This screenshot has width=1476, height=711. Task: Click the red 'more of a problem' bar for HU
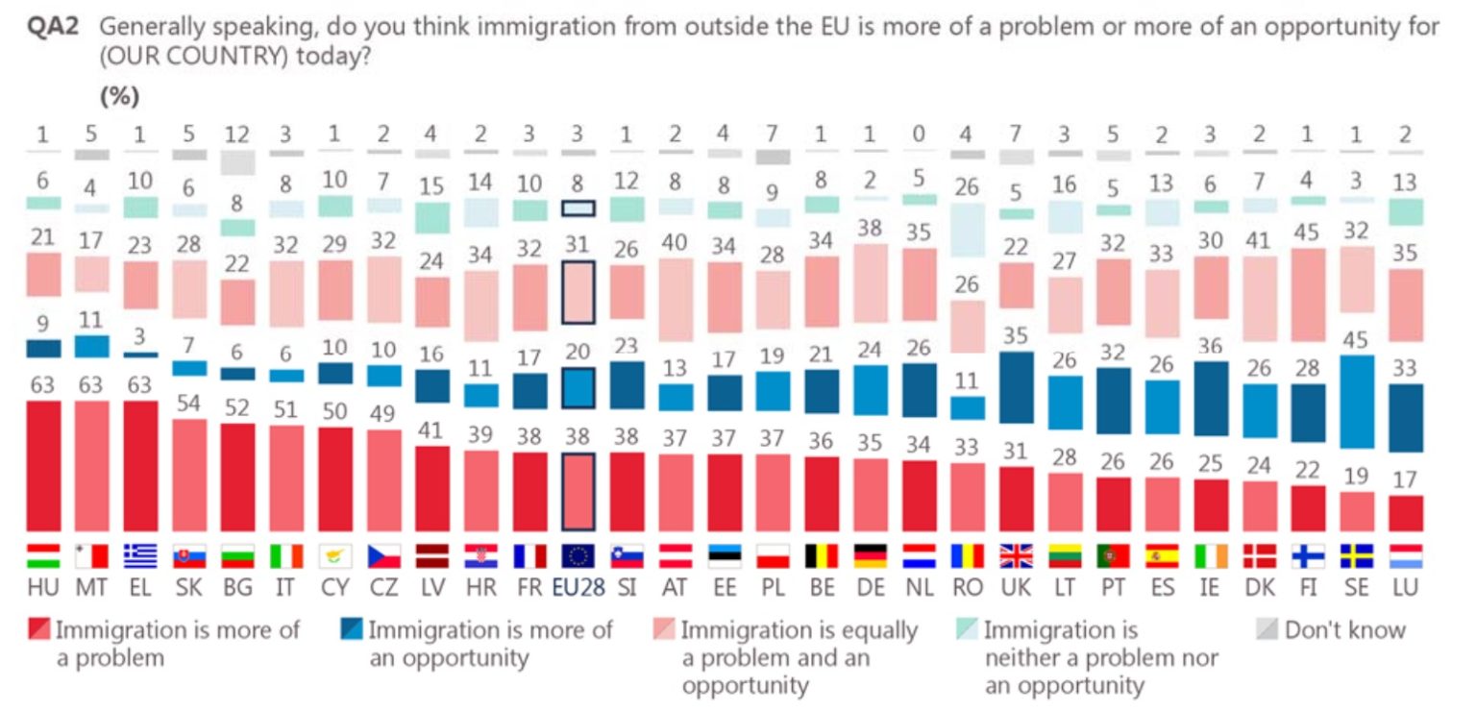42,466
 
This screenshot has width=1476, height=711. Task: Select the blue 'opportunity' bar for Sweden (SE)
1356,402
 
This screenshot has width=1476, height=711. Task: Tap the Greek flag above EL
140,556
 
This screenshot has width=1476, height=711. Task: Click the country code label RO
968,588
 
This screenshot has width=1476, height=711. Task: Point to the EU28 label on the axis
578,588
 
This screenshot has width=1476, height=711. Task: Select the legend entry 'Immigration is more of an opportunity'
478,644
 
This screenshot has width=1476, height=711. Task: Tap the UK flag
1017,556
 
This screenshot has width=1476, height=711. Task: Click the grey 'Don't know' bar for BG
238,162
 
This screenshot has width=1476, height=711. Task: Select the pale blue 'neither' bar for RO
968,229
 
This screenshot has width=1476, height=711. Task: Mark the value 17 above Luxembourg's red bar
1405,478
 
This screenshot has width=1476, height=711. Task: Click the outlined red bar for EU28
578,491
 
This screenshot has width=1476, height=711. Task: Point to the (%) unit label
120,96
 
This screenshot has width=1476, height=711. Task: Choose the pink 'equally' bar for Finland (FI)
1307,295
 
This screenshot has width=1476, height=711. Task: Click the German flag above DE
870,556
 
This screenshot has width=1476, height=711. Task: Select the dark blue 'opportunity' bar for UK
1017,386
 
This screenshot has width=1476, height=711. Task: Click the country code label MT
91,588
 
